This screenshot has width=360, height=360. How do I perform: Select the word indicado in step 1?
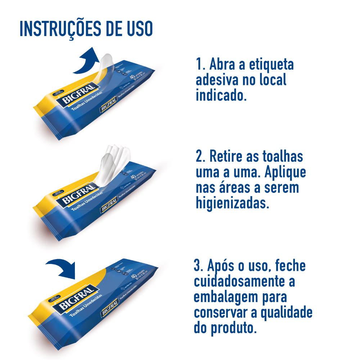(221, 95)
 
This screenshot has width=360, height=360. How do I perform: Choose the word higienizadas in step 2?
(232, 203)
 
